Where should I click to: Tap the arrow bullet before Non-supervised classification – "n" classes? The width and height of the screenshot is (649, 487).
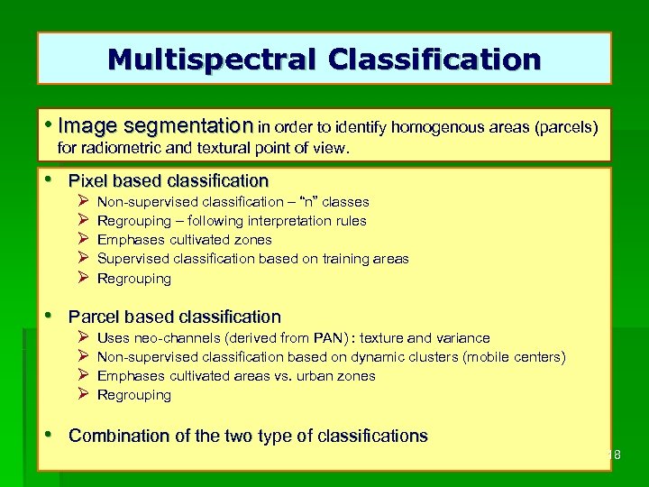82,202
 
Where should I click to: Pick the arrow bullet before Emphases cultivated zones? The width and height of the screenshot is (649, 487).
82,240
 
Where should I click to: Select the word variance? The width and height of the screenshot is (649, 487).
463,338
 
